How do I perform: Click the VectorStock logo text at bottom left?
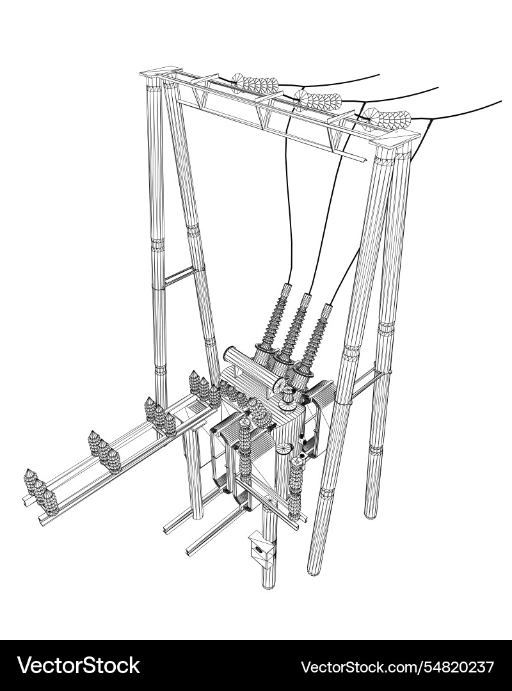[79, 665]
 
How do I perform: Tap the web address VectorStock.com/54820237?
[397, 666]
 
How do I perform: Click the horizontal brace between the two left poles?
[180, 276]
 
